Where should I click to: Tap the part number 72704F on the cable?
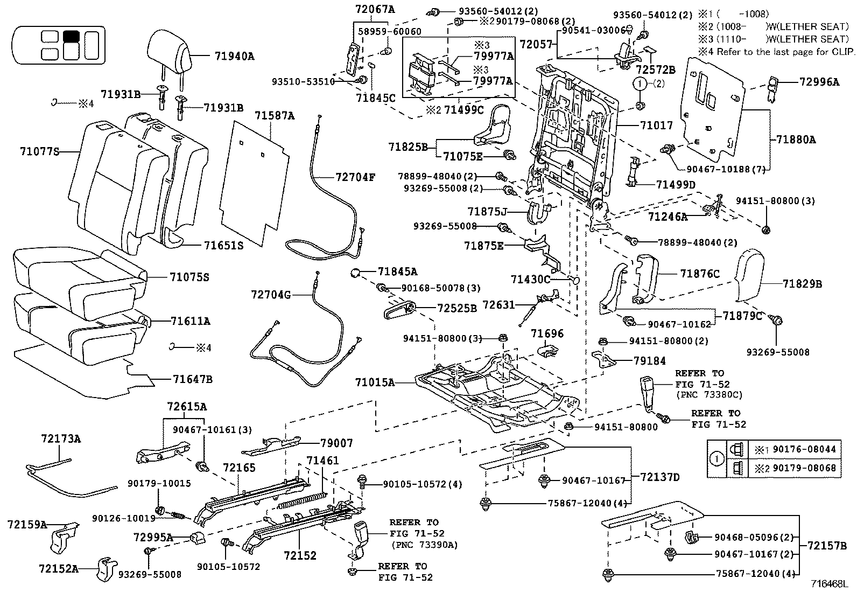[x=355, y=177]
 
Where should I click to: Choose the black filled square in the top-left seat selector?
[x=71, y=37]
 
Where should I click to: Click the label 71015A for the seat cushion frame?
[x=375, y=382]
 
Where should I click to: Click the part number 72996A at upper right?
[x=819, y=82]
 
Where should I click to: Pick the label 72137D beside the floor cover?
[x=660, y=477]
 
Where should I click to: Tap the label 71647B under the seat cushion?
[x=192, y=379]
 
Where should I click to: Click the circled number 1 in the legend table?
[x=716, y=459]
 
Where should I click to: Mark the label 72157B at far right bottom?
[x=826, y=546]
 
